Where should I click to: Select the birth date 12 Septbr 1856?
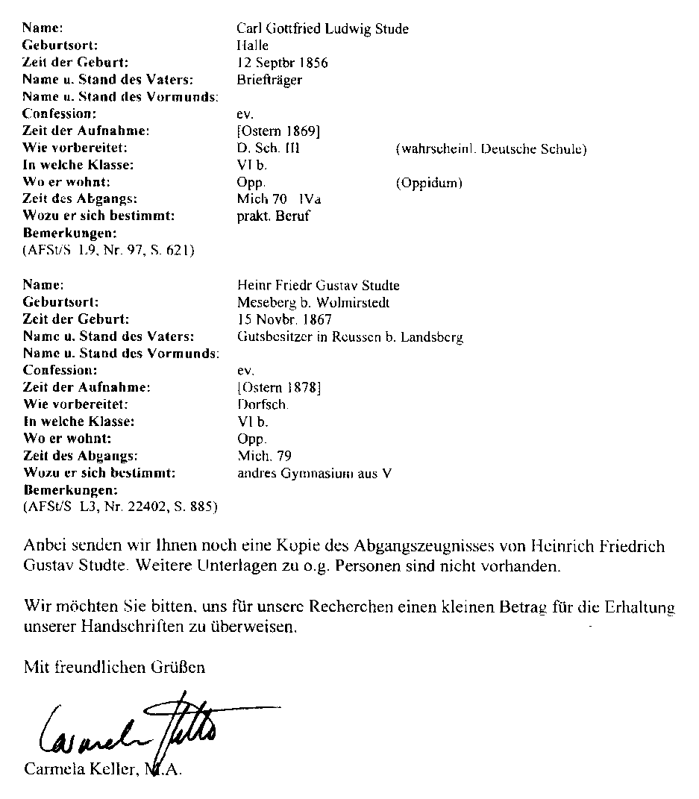pos(282,63)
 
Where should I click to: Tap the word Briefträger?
pos(269,80)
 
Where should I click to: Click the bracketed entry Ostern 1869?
pos(278,131)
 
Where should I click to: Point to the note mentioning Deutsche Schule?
pos(491,148)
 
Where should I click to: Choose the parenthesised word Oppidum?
pos(429,183)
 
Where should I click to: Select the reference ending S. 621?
pos(109,251)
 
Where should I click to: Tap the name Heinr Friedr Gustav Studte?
pos(318,286)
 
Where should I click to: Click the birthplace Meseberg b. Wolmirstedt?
pos(313,303)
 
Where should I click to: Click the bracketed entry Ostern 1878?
pos(278,387)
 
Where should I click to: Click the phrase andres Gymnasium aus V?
pos(313,473)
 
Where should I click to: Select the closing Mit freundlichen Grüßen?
pos(114,667)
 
